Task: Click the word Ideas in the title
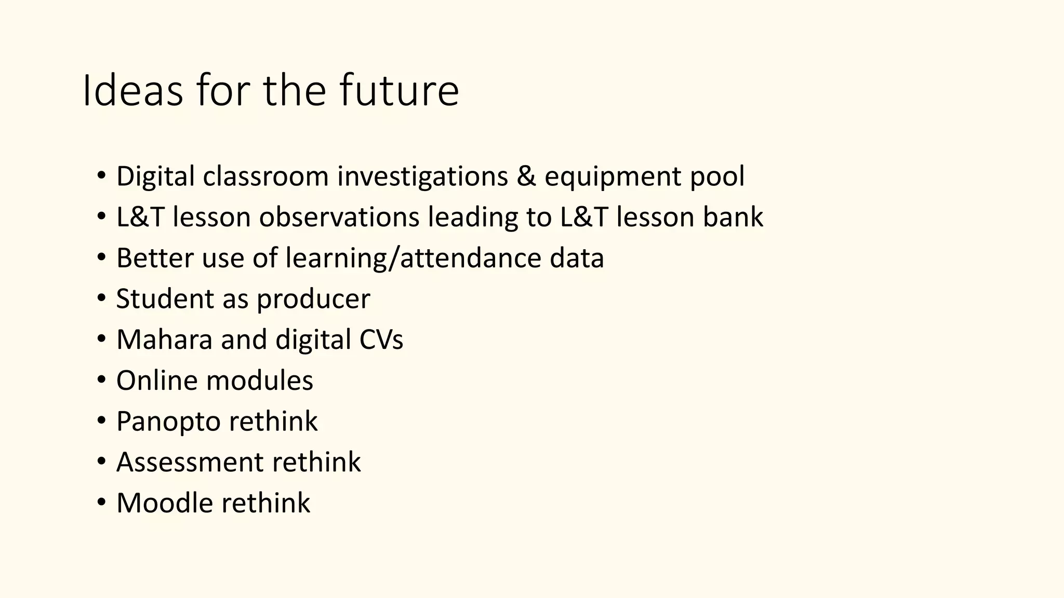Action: click(132, 91)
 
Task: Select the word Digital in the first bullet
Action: click(155, 176)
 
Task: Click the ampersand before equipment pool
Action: click(526, 176)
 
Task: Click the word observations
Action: click(339, 217)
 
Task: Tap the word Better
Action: click(155, 258)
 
